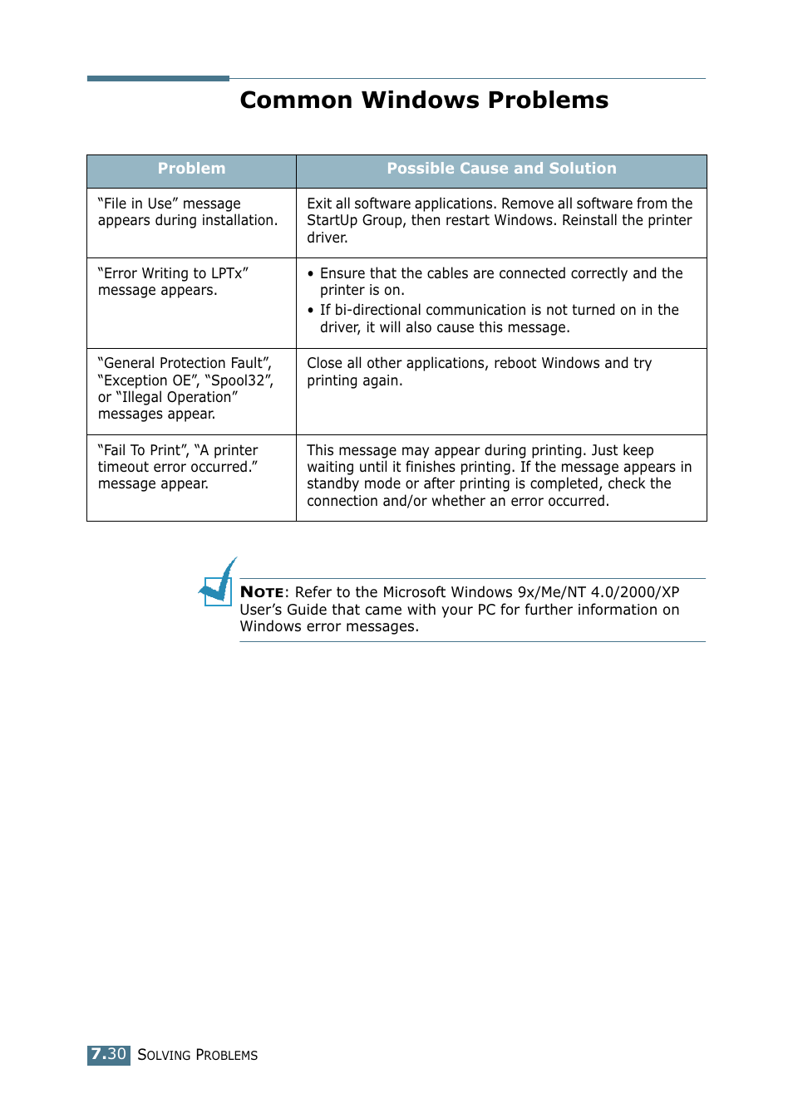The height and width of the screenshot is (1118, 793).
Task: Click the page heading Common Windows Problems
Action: (424, 101)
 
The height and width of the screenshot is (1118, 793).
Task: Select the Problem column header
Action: (191, 169)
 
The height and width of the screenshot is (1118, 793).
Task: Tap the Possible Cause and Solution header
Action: (501, 169)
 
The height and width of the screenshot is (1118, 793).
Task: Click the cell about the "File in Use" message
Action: (187, 213)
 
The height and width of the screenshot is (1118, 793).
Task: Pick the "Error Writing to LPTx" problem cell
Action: (173, 282)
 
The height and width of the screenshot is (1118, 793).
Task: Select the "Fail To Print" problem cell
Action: (178, 467)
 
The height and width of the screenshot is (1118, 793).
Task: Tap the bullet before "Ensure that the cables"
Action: (311, 274)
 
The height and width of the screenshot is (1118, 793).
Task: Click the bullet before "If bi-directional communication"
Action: (311, 311)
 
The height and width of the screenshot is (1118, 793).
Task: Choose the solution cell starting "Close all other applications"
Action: (479, 372)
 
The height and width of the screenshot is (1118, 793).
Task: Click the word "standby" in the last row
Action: (333, 483)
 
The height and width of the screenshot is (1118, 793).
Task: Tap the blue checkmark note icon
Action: (219, 583)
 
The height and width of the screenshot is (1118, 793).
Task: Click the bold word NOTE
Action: (262, 592)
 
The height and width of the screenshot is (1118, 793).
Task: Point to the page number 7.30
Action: (108, 1055)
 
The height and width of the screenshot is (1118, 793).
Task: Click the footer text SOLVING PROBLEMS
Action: (198, 1055)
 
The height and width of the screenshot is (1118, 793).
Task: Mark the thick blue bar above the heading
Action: (158, 79)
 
